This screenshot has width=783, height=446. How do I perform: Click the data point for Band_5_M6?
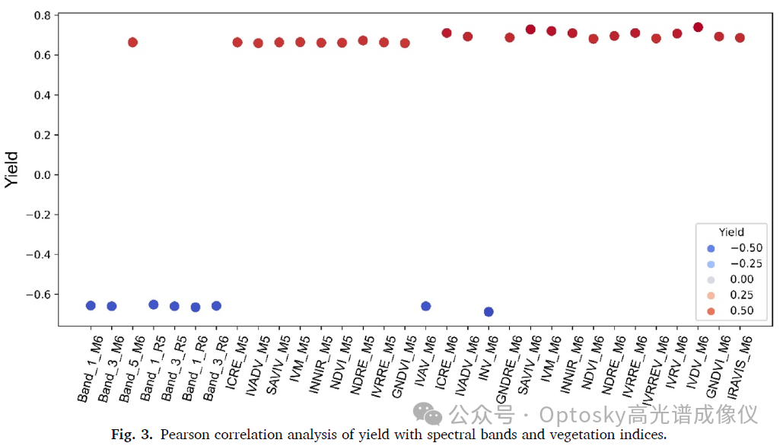[x=133, y=43]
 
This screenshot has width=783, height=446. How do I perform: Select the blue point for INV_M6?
[x=489, y=311]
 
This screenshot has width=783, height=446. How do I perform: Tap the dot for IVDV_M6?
[x=698, y=27]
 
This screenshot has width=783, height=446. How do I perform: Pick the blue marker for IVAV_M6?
[x=426, y=306]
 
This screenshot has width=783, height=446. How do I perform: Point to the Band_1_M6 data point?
[x=91, y=306]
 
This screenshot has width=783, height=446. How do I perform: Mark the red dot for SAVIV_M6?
[x=531, y=30]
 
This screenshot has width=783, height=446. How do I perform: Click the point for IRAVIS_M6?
[x=740, y=38]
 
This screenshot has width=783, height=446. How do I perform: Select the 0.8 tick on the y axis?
[x=43, y=15]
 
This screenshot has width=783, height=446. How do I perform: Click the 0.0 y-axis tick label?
[x=43, y=175]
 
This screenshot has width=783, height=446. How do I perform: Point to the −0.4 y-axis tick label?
[x=39, y=255]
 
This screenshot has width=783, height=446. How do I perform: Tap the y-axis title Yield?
[x=11, y=170]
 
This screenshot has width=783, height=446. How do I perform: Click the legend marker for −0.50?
[x=711, y=249]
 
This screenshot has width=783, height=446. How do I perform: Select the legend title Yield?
[x=731, y=232]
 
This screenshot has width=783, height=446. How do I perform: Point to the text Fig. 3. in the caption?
[x=132, y=435]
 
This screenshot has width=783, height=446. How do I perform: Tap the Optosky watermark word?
[x=582, y=415]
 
